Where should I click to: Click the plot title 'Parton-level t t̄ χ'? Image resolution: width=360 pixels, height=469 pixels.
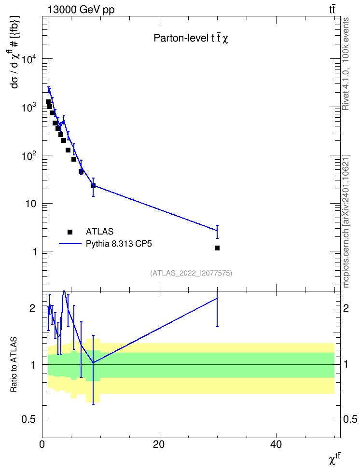[x=191, y=38]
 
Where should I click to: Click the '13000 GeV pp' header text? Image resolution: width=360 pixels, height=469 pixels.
[x=81, y=10]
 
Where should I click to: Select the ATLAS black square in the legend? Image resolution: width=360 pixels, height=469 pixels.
[x=70, y=232]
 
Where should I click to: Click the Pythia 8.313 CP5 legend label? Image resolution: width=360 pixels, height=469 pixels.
[x=119, y=244]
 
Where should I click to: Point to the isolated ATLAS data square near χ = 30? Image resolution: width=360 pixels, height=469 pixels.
[x=217, y=248]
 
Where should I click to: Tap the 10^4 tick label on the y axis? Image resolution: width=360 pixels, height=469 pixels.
[x=30, y=59]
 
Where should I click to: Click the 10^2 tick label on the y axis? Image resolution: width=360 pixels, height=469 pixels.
[x=30, y=155]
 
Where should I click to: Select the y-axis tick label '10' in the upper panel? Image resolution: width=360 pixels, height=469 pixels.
[x=31, y=204]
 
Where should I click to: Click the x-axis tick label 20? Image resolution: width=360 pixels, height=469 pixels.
[x=159, y=444]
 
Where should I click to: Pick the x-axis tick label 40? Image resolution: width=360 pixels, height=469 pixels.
[x=276, y=444]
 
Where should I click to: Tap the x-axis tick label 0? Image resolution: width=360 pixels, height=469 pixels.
[x=42, y=444]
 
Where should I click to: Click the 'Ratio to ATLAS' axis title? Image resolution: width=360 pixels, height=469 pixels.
[x=14, y=365]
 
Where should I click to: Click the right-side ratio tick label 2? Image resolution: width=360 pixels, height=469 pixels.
[x=346, y=308]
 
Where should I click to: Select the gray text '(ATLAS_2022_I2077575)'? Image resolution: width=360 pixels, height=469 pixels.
[x=191, y=273]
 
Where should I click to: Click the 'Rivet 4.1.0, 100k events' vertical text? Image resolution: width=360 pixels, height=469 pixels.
[x=346, y=64]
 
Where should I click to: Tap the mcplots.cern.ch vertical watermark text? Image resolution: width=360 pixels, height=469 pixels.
[x=346, y=221]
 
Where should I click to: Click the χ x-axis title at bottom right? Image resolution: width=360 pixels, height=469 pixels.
[x=334, y=459]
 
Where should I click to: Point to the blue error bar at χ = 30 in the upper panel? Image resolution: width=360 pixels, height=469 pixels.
[x=217, y=232]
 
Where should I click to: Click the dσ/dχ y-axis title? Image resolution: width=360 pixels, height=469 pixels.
[x=14, y=52]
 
